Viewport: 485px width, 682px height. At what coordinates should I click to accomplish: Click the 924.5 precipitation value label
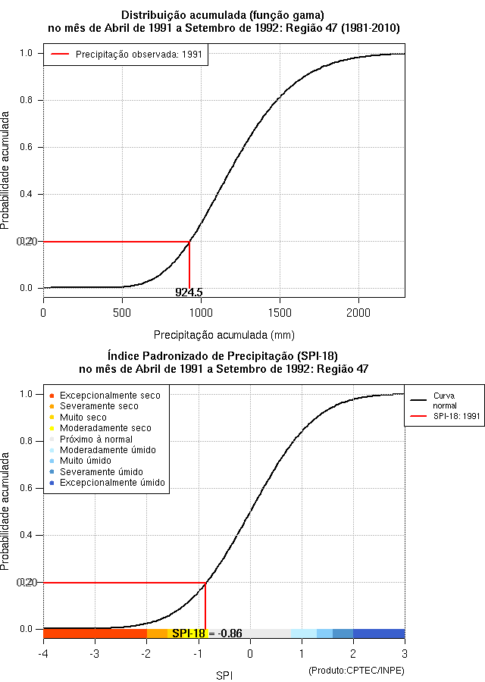[189, 292]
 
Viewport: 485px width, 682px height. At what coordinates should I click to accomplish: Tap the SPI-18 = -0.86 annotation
[207, 634]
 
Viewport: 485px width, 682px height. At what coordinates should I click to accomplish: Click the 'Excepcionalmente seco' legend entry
[110, 395]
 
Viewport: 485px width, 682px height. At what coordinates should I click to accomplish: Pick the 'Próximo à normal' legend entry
[95, 439]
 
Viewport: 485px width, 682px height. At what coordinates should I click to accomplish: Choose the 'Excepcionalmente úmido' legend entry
[112, 483]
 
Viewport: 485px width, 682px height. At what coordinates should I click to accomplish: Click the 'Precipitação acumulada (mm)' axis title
[224, 334]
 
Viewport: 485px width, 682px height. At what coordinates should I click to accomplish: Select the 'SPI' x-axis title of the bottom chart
[224, 674]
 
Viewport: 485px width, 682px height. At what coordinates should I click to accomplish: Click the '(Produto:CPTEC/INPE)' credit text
[356, 671]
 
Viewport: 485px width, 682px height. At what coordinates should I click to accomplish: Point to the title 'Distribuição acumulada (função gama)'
[224, 15]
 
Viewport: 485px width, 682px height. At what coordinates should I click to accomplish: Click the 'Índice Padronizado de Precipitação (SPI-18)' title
[224, 355]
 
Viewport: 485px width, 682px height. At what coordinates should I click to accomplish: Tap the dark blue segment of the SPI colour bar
[379, 634]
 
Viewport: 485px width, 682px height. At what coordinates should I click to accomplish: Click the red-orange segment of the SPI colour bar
[95, 634]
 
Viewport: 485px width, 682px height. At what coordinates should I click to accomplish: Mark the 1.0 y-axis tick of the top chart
[27, 53]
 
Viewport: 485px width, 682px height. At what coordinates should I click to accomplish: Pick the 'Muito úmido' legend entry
[86, 461]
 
